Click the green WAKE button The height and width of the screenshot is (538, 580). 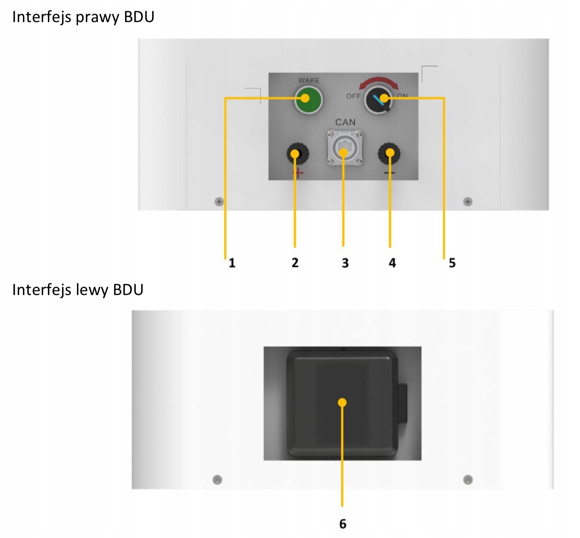pos(308,100)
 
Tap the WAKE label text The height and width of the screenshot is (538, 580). pos(308,80)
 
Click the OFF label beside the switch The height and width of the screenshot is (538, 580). pos(353,96)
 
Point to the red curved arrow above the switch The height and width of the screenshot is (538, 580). pos(378,82)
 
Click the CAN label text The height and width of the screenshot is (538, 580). pos(345,122)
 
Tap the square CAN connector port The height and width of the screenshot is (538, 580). pos(344,148)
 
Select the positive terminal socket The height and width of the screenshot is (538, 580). pos(298,154)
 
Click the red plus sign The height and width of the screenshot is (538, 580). pos(298,173)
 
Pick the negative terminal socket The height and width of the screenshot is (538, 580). pos(389,154)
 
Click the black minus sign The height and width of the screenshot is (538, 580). pos(389,172)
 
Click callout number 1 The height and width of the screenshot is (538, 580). pos(232,263)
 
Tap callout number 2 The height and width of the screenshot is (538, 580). pos(295,263)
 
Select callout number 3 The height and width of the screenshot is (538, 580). pos(345,263)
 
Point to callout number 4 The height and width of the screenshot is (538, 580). pos(392,263)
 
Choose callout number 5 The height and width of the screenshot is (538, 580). pos(452,263)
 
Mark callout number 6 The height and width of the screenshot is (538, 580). pos(342,524)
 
